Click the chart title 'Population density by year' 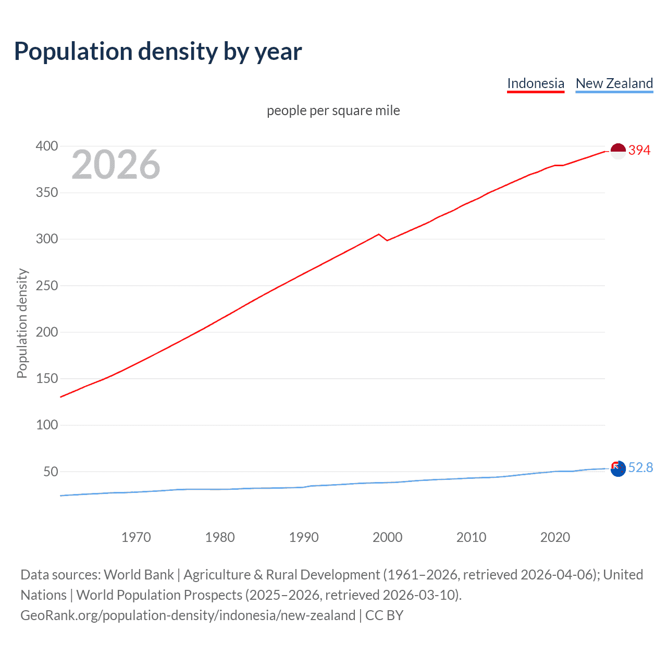158,51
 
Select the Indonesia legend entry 535,83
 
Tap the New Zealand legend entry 614,83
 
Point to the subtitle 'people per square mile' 333,110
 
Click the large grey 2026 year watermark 116,165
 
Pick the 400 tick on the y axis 47,146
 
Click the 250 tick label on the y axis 47,286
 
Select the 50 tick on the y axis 51,472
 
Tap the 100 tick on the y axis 47,425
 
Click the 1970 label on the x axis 136,537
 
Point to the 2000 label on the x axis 387,537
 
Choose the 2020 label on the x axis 555,537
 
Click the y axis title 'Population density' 22,323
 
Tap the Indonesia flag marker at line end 617,151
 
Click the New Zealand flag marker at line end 617,468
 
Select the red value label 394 639,150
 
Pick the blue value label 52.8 640,467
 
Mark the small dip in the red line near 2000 387,240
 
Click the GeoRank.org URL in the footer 188,615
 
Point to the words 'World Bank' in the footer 139,575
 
